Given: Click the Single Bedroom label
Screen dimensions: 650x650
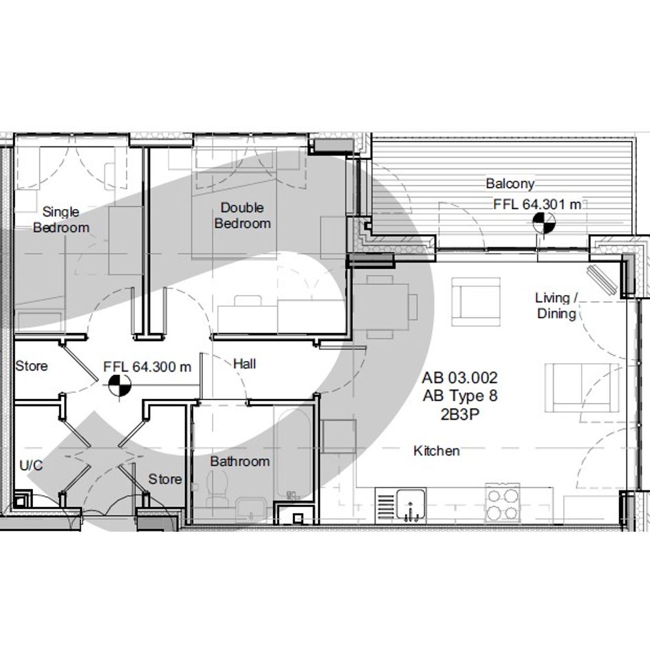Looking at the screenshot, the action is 61,219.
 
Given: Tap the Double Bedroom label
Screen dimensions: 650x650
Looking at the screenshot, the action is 243,215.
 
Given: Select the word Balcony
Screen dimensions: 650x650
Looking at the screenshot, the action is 510,184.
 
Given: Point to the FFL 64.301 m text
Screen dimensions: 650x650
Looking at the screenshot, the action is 537,204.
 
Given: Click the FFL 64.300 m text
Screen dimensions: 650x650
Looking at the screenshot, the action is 147,367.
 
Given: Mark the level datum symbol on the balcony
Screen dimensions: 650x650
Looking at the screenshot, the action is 544,223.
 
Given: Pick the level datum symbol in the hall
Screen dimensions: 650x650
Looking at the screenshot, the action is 120,385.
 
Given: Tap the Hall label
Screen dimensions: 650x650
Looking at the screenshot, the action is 245,364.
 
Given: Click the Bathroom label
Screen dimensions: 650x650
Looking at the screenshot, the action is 239,462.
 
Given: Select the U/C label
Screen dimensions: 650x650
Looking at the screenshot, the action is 31,466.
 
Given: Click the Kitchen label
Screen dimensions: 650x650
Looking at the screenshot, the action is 437,451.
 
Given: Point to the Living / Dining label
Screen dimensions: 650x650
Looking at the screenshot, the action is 556,305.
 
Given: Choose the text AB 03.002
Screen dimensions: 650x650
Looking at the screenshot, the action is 459,378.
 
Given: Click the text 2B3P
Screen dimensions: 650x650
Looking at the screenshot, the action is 459,414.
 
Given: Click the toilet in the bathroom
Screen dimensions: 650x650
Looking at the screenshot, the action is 217,489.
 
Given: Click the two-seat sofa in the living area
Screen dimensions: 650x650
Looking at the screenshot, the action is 582,388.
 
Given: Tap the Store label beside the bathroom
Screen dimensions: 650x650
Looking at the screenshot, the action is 165,479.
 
